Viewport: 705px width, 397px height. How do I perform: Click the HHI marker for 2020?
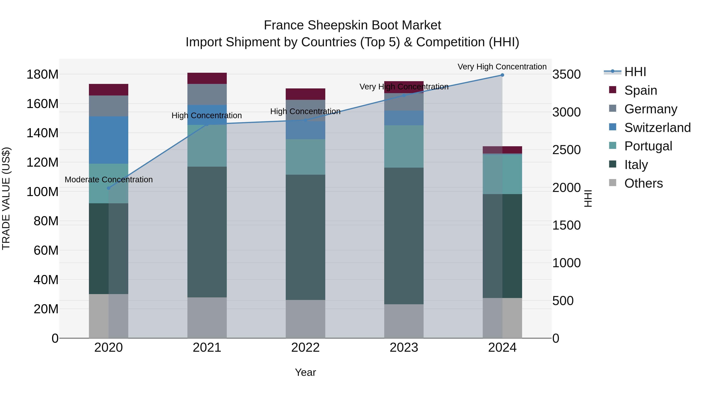tap(108, 188)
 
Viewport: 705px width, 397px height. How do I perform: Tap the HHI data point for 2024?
tap(502, 75)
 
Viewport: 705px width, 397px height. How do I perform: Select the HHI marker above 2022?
tap(305, 120)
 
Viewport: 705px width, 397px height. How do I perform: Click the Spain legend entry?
tap(640, 90)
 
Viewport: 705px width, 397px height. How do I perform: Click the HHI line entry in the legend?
tap(635, 72)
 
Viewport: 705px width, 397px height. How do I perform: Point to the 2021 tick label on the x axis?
tap(207, 348)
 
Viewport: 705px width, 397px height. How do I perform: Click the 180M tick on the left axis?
tap(42, 74)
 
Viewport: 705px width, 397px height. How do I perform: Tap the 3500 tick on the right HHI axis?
tap(566, 74)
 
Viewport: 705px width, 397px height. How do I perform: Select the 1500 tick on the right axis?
tap(566, 225)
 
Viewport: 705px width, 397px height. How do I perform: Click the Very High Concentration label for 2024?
tap(502, 67)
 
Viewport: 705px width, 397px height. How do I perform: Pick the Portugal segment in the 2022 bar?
tap(305, 157)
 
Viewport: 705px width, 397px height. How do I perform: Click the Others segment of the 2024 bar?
tap(502, 318)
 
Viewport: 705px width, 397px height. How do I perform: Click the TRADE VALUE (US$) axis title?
tap(6, 198)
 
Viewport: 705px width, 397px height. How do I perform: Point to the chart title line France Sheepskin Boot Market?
tap(352, 25)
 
